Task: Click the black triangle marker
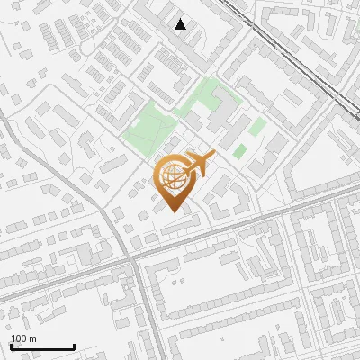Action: tap(180, 24)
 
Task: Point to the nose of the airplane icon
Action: tap(212, 156)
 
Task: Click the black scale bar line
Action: tap(42, 346)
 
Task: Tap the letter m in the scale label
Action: tap(33, 338)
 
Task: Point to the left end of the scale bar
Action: tap(12, 346)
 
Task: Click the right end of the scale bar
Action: tap(74, 346)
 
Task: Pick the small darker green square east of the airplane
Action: tap(239, 151)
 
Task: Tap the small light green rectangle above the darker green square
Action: tap(258, 127)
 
